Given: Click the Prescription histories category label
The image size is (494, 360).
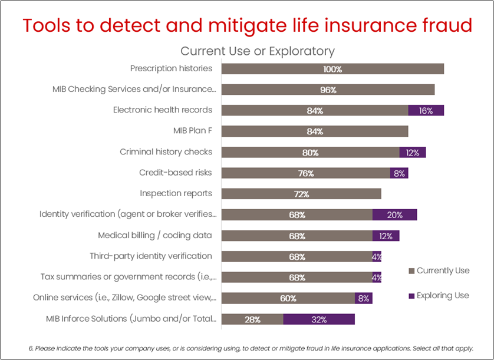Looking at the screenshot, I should (x=171, y=68).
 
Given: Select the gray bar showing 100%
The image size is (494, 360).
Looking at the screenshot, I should (x=332, y=69).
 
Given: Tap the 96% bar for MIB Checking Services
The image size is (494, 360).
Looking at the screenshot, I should (x=328, y=90).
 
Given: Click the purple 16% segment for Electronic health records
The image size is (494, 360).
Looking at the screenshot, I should (x=426, y=110).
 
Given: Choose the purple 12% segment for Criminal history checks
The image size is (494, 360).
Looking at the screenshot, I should (x=412, y=152).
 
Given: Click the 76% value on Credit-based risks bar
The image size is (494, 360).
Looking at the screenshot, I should (x=306, y=173).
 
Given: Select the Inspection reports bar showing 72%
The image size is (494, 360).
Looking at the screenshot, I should (x=301, y=194).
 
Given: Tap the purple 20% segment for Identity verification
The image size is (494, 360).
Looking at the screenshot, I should (x=394, y=214).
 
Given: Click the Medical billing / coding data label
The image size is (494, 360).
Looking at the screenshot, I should (x=155, y=235).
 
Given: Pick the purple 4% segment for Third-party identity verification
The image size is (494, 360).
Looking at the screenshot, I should (x=377, y=256).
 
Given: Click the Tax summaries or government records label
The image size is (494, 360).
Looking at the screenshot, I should (x=129, y=276).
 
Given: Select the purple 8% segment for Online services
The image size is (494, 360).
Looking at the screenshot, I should (x=363, y=298).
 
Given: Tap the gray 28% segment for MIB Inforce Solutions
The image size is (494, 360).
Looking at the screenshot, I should (x=252, y=319).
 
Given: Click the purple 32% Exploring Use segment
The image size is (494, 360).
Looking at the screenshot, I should (x=319, y=319).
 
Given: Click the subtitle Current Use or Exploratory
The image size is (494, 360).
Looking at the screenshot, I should (x=257, y=51).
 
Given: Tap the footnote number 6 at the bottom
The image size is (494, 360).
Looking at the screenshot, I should (x=31, y=348).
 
